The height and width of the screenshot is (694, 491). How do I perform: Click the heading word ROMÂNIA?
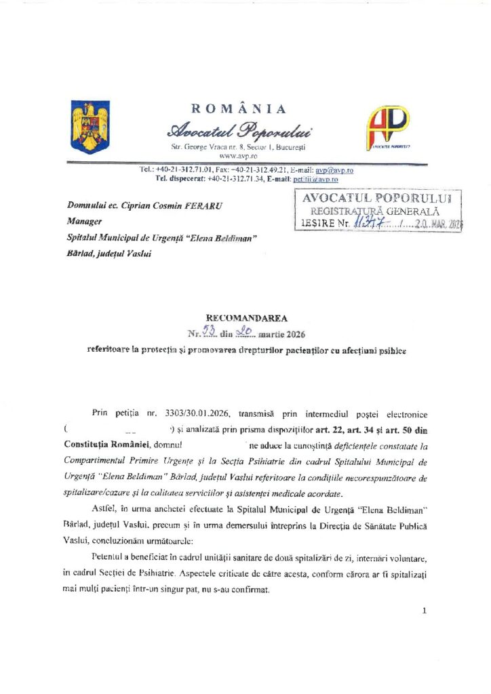(239, 109)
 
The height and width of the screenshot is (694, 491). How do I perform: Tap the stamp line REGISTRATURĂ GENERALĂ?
(375, 211)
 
